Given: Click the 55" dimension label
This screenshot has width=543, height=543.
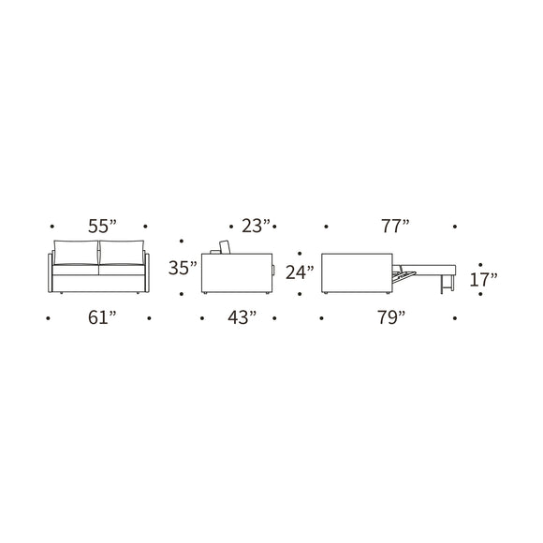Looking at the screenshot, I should click(x=100, y=226).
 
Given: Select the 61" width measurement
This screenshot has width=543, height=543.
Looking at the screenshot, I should click(x=100, y=317).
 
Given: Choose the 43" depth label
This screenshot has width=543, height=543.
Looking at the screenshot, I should click(x=241, y=317).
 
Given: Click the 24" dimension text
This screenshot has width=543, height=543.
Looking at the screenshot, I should click(x=299, y=272).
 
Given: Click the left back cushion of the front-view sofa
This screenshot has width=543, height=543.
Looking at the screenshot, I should click(x=77, y=252).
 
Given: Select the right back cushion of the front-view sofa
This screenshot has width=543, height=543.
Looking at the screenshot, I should click(x=122, y=252).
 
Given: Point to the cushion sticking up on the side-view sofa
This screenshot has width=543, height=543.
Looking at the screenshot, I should click(x=225, y=247).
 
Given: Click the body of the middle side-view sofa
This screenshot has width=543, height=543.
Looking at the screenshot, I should click(x=236, y=273).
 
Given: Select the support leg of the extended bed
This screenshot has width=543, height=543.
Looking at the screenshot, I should click(x=442, y=282).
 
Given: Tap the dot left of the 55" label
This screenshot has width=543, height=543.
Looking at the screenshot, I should click(x=53, y=226).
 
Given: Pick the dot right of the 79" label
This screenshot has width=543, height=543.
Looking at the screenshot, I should click(x=456, y=317).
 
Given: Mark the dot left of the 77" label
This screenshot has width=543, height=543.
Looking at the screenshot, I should click(x=326, y=226).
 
